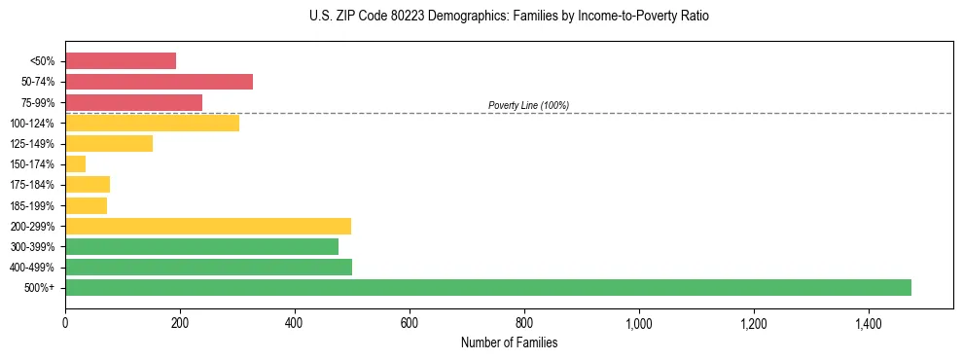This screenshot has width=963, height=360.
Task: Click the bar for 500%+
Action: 488,287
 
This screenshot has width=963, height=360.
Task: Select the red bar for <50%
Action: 121,61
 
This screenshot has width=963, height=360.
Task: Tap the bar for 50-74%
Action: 159,82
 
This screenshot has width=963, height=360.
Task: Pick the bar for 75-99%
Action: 133,102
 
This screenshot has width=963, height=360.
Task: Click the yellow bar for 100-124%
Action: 152,123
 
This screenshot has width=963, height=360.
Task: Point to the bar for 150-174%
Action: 75,163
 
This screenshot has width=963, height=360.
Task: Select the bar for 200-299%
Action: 208,226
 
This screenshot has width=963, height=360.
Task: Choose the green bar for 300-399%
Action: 201,246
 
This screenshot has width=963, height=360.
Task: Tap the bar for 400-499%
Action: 208,267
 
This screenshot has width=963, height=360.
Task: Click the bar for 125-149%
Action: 109,143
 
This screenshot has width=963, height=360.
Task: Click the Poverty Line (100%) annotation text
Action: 528,105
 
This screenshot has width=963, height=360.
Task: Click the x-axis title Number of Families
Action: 509,342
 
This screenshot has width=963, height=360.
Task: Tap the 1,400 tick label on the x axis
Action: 869,323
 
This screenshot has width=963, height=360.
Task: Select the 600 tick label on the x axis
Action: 410,323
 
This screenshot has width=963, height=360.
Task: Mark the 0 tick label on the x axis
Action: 65,323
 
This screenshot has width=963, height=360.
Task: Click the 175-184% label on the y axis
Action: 32,185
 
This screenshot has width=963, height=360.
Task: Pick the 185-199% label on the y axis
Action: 32,205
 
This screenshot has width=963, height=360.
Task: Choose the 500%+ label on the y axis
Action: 40,288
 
